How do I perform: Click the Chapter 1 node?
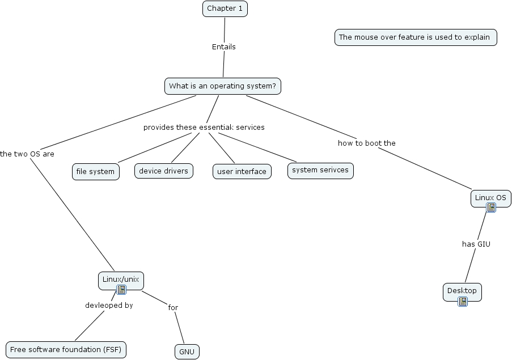coord(225,9)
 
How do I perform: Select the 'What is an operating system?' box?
coord(222,86)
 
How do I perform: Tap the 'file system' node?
coord(95,172)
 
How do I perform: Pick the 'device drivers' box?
coord(164,171)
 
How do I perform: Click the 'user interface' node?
coord(242,172)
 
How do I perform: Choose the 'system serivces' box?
coord(320,171)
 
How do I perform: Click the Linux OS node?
coord(490,197)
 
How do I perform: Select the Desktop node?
coord(462,291)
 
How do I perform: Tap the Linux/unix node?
coord(120,279)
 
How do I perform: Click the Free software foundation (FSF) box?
coord(66,349)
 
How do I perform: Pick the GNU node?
coord(187,352)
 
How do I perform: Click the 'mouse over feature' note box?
coord(415,37)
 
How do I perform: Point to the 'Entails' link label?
coord(223,47)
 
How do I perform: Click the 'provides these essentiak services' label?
coord(204,127)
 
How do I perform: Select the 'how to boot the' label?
coord(366,143)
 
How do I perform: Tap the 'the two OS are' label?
coord(27,154)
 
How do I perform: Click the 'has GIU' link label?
coord(476,244)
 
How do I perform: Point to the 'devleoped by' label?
coord(109,305)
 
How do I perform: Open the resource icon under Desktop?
coord(463,302)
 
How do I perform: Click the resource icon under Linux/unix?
coord(121,290)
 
